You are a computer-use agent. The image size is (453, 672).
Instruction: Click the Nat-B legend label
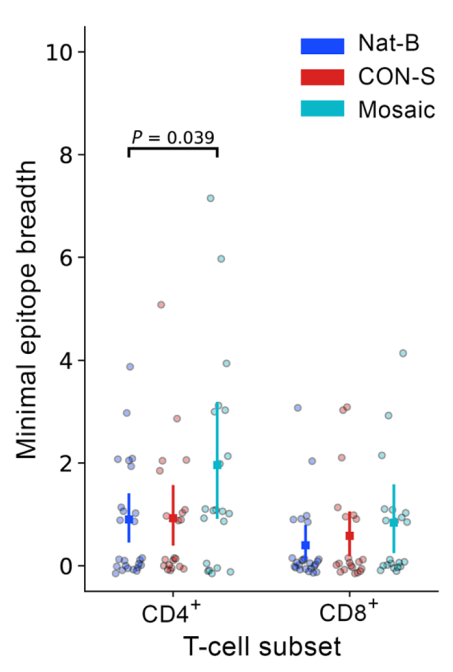coord(389,46)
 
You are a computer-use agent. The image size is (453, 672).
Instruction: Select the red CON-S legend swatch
coord(322,78)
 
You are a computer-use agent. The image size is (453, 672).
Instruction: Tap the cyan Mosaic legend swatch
coord(322,109)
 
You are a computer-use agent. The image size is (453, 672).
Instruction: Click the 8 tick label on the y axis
coord(66,154)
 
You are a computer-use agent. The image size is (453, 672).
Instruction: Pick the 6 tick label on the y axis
coord(66,257)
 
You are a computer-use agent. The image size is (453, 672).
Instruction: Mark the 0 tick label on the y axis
coord(66,565)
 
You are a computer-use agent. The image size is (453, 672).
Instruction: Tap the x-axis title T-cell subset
coord(263,647)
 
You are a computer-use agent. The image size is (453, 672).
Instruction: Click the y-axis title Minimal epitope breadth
coord(26,310)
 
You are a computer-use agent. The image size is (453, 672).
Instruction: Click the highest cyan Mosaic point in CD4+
coord(211,198)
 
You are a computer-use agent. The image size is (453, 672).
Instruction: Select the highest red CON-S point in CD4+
coord(161,305)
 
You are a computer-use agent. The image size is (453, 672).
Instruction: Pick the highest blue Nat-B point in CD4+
coord(130,366)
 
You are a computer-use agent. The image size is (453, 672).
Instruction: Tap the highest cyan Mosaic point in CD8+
coord(403,353)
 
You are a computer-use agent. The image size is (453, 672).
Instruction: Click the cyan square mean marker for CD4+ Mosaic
coord(217,465)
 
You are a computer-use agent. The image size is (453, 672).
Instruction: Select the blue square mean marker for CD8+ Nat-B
coord(305,545)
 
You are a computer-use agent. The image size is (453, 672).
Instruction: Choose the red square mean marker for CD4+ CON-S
coord(173,518)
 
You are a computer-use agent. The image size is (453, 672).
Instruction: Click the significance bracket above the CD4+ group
coord(173,148)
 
